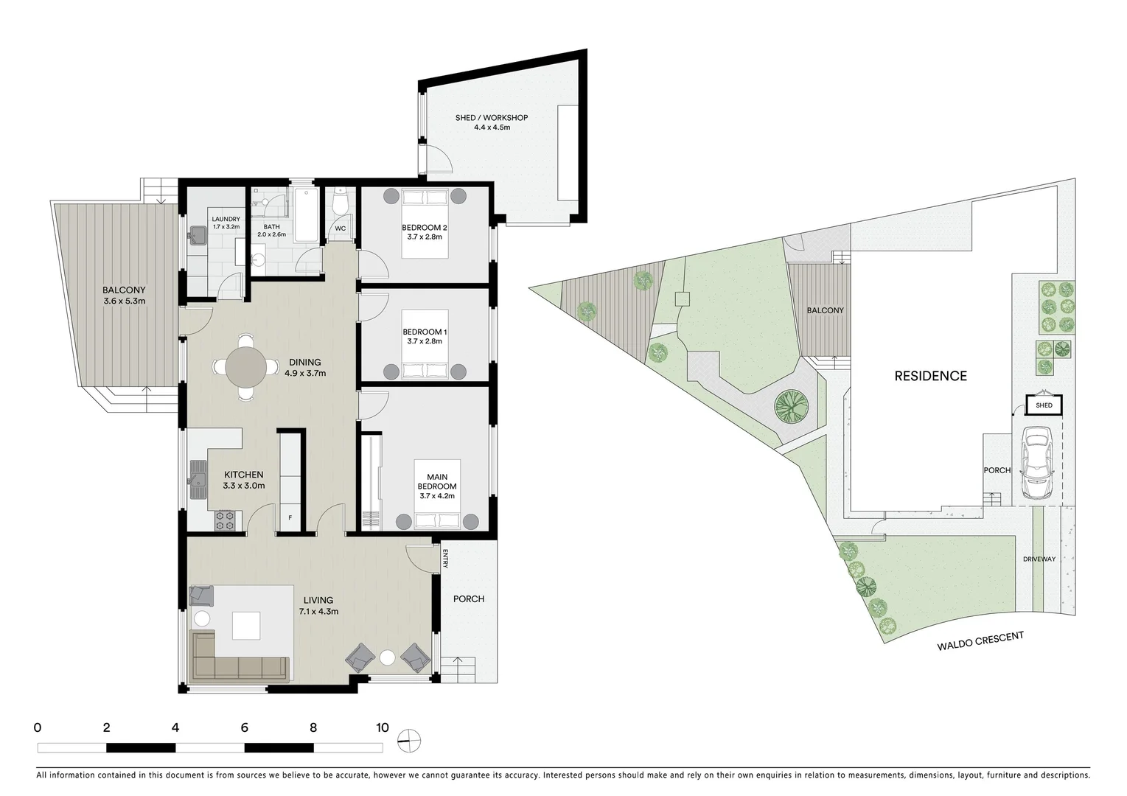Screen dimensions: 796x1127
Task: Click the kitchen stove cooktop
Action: click(x=225, y=521)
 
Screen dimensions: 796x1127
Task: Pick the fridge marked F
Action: click(x=290, y=517)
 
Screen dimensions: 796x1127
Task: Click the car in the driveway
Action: click(x=1036, y=464)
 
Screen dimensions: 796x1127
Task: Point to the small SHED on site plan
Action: click(x=1044, y=405)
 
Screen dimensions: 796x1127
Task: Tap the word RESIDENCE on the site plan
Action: click(x=930, y=376)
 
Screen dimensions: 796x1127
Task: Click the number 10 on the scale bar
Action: click(x=382, y=727)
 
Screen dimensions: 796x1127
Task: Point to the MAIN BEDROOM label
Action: click(x=437, y=486)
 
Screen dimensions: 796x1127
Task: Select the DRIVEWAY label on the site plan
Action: click(x=1039, y=559)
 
